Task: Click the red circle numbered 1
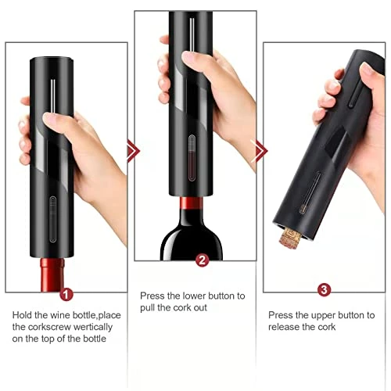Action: click(66, 294)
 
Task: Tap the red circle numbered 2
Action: click(202, 260)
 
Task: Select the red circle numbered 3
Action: click(324, 289)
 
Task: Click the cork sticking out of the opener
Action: click(290, 238)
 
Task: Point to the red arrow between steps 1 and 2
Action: click(134, 151)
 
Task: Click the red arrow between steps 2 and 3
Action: click(261, 151)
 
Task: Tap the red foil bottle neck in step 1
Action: click(52, 274)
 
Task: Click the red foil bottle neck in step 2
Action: click(192, 204)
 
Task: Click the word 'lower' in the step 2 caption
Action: click(194, 296)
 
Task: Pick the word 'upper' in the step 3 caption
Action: click(323, 316)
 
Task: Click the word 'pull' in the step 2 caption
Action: click(148, 308)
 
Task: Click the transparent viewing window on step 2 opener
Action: click(192, 158)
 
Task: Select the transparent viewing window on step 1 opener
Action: click(52, 219)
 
